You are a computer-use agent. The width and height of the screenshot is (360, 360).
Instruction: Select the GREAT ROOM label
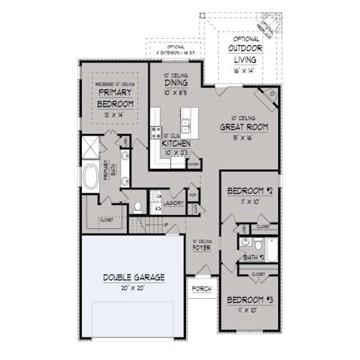(244, 126)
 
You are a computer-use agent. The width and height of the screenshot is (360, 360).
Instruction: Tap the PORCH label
(201, 289)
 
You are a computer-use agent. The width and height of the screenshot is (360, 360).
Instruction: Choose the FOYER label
(201, 247)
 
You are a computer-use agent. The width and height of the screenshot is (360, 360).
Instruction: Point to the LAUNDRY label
(172, 203)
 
